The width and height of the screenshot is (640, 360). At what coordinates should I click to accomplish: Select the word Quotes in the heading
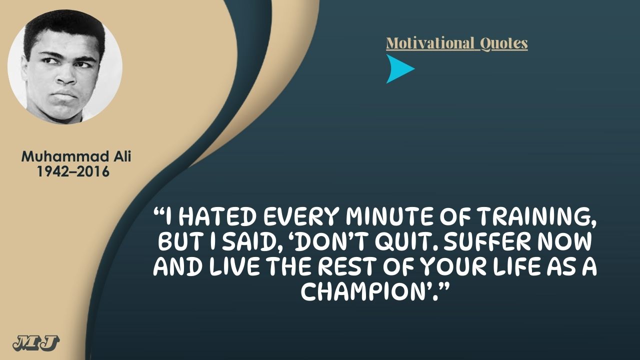tap(503, 43)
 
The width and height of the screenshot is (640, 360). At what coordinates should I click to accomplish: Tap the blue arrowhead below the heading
tap(400, 69)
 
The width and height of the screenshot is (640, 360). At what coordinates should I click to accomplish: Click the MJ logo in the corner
tap(36, 343)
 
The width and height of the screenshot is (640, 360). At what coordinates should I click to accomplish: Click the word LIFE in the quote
tap(513, 266)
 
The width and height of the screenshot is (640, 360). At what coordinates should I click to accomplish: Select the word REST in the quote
tap(346, 266)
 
